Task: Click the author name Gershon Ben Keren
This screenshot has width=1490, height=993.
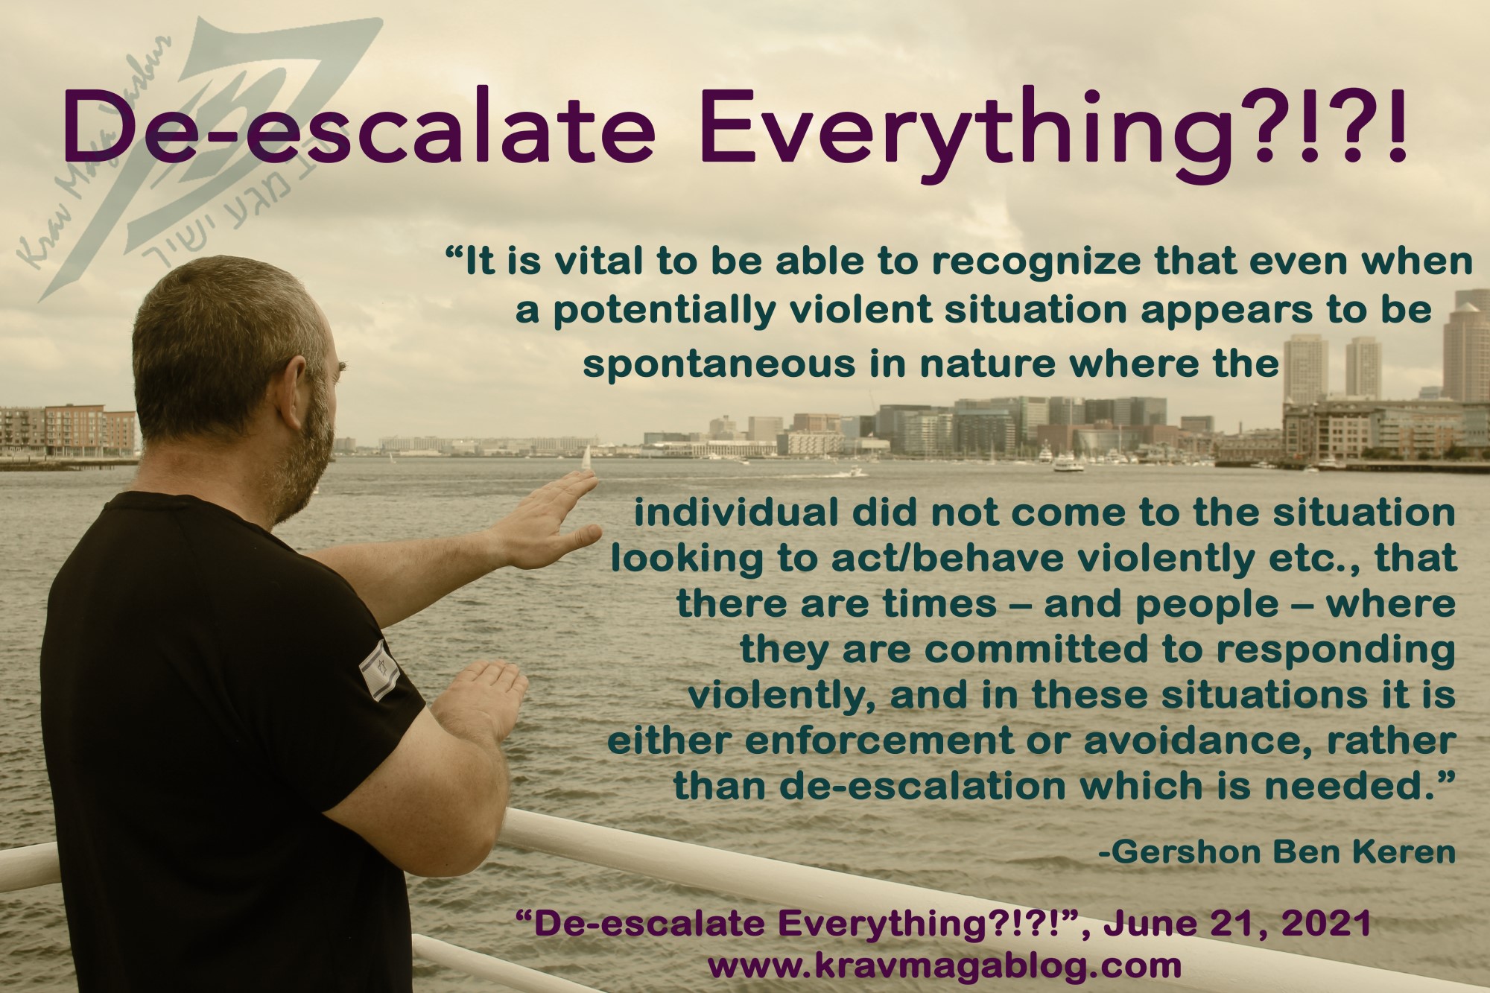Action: click(1277, 852)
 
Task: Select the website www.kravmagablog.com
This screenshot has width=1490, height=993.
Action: click(944, 966)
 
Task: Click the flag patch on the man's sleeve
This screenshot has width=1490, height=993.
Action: click(381, 670)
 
